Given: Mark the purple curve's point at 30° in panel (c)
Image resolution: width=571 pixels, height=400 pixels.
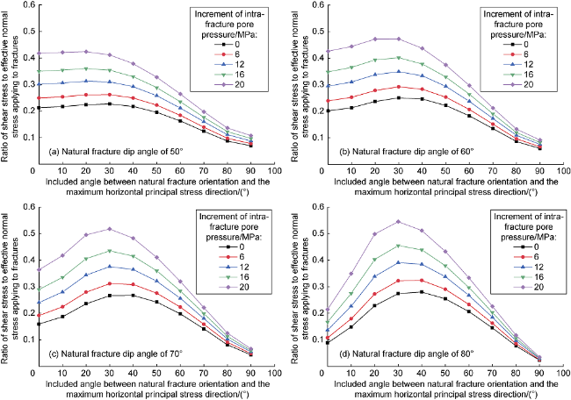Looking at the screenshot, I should (109, 229).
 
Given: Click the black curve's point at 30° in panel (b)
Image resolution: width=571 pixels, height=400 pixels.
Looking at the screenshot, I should (397, 97).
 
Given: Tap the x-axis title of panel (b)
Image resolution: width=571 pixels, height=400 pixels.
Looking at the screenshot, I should (431, 188).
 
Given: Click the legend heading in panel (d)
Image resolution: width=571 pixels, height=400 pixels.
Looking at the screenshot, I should (517, 223).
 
